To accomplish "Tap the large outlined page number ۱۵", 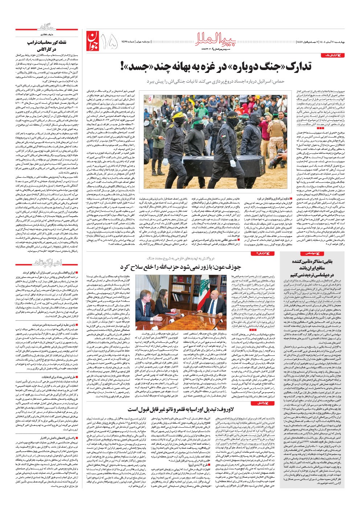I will tap(109, 41).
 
